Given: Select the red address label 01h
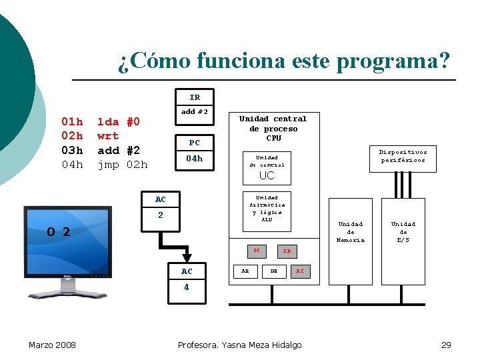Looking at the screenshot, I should coord(72,122).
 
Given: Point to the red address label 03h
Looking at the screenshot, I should coord(72,150).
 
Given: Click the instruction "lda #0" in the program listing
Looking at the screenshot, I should coord(119,122).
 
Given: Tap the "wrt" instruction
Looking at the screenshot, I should coord(108,136).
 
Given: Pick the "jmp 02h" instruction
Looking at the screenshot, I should coord(123,164).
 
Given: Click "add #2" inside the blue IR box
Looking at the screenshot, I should coord(195,111).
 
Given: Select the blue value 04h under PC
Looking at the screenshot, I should coord(194,159).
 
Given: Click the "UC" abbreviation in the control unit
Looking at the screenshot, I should coord(267,176).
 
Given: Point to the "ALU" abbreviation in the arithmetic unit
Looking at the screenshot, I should coord(267,219).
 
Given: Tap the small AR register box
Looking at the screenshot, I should coord(245,271).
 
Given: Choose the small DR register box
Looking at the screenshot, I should coord(273,271).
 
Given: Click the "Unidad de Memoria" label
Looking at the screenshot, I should coord(351,232).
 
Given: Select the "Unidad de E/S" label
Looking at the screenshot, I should coord(403,232).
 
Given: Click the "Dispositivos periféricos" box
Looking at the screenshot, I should coord(403,156).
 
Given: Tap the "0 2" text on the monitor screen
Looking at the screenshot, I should coord(59,232).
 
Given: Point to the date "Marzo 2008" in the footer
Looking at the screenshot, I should coord(52,345).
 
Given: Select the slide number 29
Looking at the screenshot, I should coord(446,345).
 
